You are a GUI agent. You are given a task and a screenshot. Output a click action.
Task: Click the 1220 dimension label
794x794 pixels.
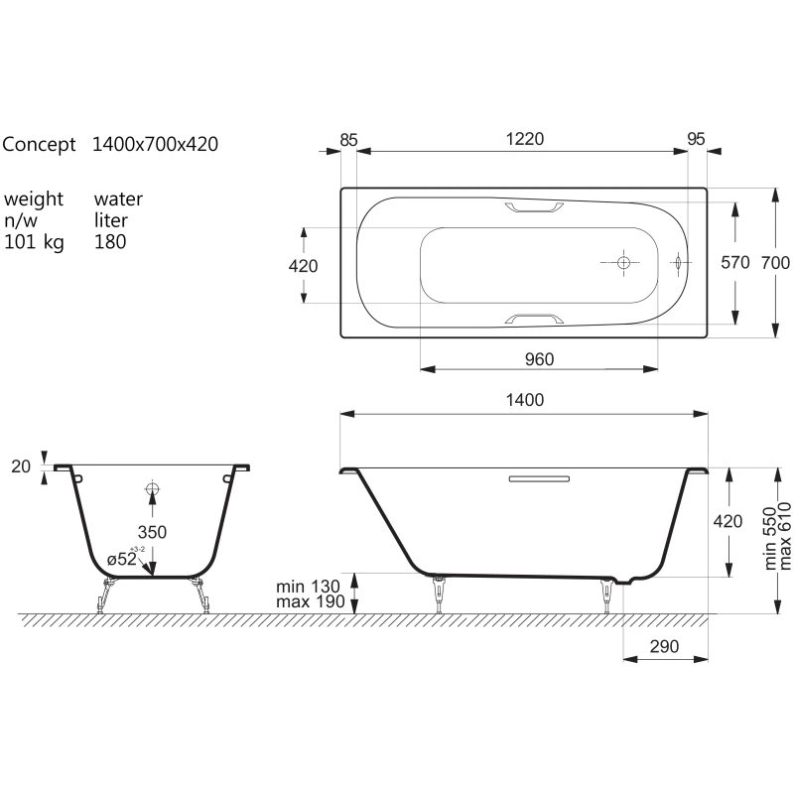[525, 139]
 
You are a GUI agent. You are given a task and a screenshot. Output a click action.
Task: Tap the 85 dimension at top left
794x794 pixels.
[348, 140]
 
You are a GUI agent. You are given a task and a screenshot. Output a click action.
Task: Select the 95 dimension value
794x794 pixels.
[697, 139]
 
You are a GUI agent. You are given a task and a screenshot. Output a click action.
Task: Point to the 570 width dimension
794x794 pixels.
[735, 263]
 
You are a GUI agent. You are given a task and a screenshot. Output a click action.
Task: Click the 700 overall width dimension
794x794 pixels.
[775, 263]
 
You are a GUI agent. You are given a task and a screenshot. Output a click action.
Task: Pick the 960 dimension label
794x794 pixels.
[539, 359]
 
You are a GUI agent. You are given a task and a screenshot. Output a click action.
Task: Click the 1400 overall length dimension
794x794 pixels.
[525, 400]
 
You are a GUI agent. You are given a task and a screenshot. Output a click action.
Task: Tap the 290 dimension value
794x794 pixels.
[664, 647]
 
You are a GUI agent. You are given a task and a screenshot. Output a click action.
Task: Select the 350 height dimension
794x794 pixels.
[152, 532]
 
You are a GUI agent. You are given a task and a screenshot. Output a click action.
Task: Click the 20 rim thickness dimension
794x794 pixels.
[21, 466]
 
